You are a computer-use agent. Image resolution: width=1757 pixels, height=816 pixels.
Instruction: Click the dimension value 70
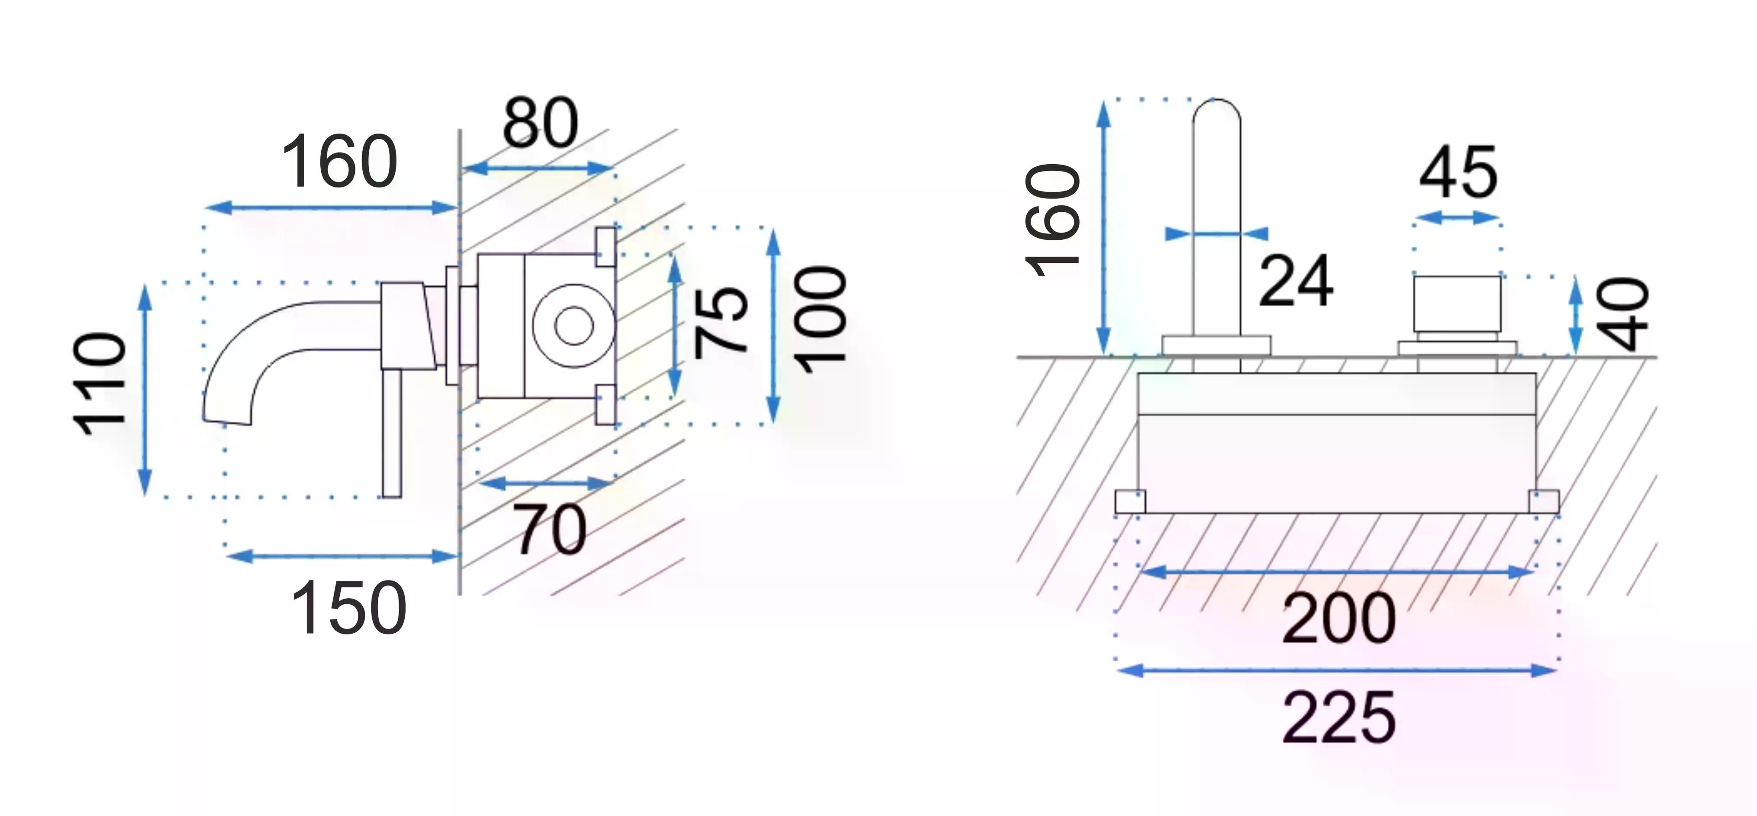pos(550,530)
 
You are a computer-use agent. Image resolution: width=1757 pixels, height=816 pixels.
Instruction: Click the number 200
pos(1339,618)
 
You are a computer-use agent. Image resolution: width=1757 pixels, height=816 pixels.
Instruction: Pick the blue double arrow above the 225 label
pos(1337,671)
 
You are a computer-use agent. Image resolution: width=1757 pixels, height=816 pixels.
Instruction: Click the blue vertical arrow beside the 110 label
pos(144,389)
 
